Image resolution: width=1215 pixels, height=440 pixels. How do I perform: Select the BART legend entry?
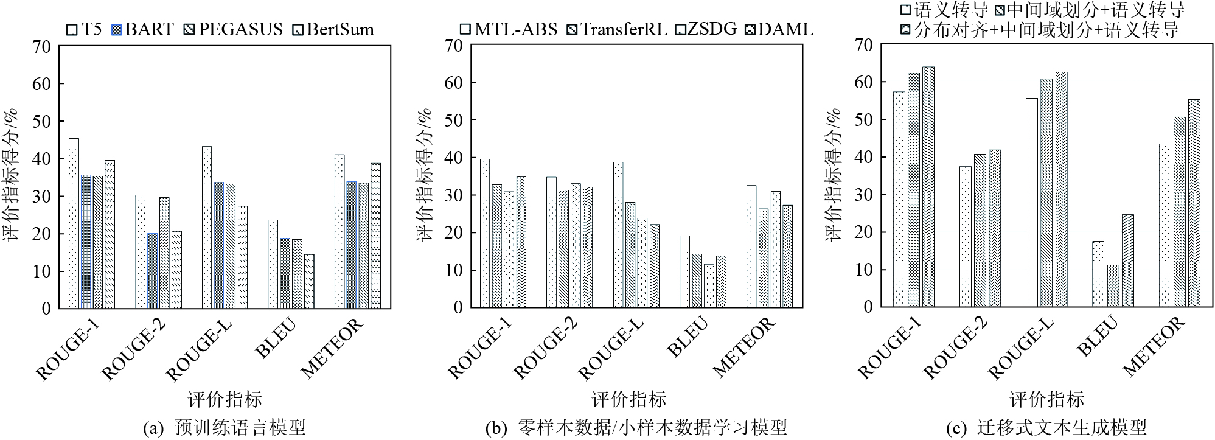(142, 29)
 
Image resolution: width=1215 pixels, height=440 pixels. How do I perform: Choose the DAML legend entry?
(779, 29)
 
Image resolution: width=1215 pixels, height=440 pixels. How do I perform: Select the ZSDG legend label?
(706, 29)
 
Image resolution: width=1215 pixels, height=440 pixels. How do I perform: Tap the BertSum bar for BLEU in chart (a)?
(309, 281)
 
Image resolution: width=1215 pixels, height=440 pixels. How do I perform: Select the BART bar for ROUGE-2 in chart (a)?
(152, 271)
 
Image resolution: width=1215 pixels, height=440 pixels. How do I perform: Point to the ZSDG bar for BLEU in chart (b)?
(709, 285)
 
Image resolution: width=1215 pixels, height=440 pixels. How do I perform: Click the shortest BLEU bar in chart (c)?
(1113, 285)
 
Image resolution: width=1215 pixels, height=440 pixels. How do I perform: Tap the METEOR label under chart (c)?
(1154, 346)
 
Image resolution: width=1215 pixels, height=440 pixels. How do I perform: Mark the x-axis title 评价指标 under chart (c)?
(1046, 399)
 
